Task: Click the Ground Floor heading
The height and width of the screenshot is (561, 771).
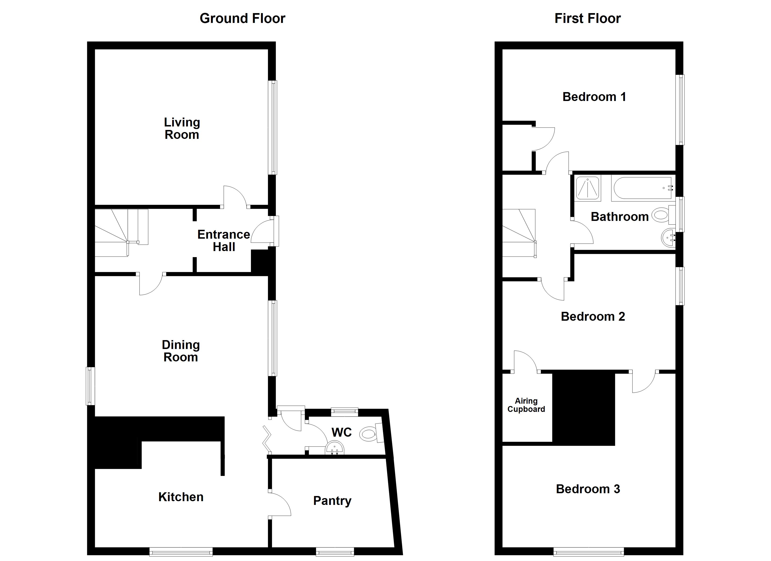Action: [242, 18]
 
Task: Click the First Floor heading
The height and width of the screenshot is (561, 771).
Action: [587, 18]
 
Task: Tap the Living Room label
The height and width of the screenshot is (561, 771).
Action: [182, 129]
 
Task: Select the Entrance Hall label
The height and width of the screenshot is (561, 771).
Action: [224, 241]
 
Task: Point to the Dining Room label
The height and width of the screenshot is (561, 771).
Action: [181, 351]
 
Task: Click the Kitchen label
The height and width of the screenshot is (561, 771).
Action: [181, 497]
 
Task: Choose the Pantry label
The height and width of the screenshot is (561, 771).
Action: [332, 501]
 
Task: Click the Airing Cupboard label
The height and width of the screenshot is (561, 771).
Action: [526, 405]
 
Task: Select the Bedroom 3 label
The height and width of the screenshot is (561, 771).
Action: [588, 489]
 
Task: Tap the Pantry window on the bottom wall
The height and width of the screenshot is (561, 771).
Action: [335, 551]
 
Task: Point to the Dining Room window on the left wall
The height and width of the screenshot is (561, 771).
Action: [90, 386]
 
